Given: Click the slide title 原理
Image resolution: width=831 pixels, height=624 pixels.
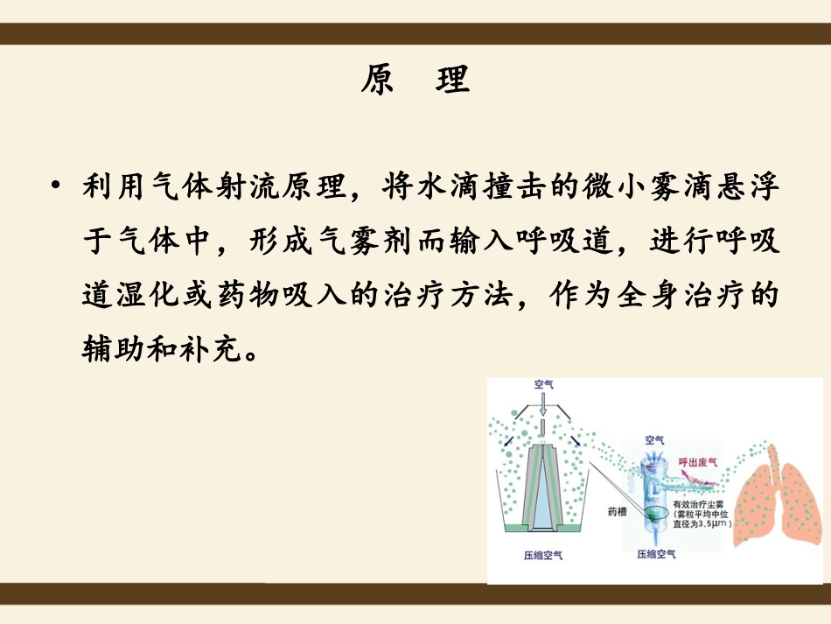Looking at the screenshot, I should coord(415,80).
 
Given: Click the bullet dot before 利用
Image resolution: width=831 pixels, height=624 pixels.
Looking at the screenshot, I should coord(57,186).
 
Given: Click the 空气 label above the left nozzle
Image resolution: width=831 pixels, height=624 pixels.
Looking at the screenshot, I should coord(543,384).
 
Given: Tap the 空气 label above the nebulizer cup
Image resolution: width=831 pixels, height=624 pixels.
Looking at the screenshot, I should coord(654,439).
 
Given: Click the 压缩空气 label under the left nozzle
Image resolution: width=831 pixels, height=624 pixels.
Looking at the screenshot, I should coord(542,555).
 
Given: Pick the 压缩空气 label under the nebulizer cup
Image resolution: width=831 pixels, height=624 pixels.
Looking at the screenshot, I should coord(656,555).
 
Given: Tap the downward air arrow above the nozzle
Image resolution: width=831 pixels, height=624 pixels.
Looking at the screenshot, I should coord(543,404).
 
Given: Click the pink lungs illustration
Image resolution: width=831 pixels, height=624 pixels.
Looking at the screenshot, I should coord(775,499).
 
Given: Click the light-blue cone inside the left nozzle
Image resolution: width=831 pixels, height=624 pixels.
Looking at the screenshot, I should coord(543,490).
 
